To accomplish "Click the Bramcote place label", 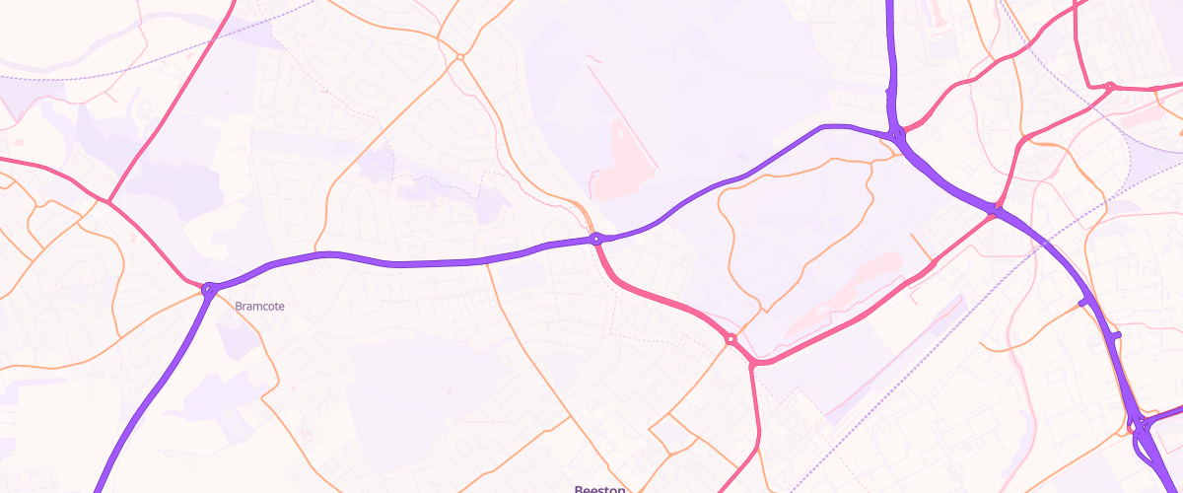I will click(259, 307).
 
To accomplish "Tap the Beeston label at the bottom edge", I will click(600, 488).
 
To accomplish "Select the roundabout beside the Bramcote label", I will click(209, 290).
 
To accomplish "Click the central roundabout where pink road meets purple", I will click(596, 239).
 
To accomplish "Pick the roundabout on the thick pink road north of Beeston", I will click(731, 339).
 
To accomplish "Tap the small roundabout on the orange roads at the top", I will click(460, 57).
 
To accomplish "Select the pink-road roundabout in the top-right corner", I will click(1109, 87).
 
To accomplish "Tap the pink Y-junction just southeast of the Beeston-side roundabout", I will click(753, 365).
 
